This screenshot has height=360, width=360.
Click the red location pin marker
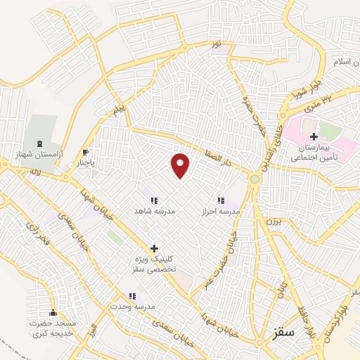coord(181,166)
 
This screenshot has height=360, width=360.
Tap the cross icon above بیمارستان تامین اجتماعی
coord(314,136)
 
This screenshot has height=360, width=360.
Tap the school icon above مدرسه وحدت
coord(132,297)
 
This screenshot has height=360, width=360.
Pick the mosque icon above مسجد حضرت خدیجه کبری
coord(53,313)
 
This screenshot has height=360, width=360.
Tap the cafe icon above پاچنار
coord(86,152)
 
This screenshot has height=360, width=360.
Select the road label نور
coord(217,44)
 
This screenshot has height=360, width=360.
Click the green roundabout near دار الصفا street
coord(255,179)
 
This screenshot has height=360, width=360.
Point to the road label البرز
coord(94,333)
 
